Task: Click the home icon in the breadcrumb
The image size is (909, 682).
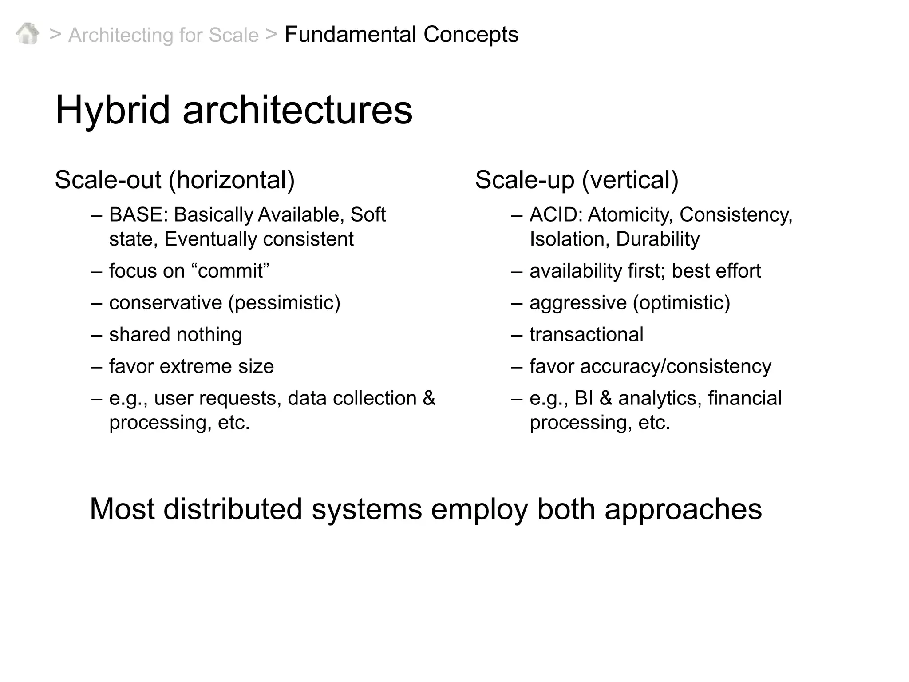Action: pyautogui.click(x=27, y=34)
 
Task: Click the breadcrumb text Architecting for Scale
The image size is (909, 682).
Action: pyautogui.click(x=163, y=35)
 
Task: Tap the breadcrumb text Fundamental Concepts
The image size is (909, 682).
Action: pyautogui.click(x=401, y=34)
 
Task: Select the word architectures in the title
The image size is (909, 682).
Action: pyautogui.click(x=297, y=110)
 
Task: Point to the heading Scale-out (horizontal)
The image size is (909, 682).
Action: pyautogui.click(x=175, y=180)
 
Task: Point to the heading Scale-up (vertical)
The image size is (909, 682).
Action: pyautogui.click(x=577, y=180)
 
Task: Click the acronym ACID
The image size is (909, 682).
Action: pyautogui.click(x=556, y=215)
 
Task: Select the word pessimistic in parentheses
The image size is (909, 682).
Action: pyautogui.click(x=284, y=303)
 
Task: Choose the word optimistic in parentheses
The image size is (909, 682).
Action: pyautogui.click(x=681, y=303)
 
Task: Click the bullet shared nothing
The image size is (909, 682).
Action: pyautogui.click(x=175, y=335)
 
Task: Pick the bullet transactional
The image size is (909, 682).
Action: pyautogui.click(x=586, y=335)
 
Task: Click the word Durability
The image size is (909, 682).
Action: pyautogui.click(x=658, y=239)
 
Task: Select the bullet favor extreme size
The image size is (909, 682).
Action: pyautogui.click(x=191, y=367)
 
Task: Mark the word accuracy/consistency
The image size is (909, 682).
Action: pyautogui.click(x=675, y=367)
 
